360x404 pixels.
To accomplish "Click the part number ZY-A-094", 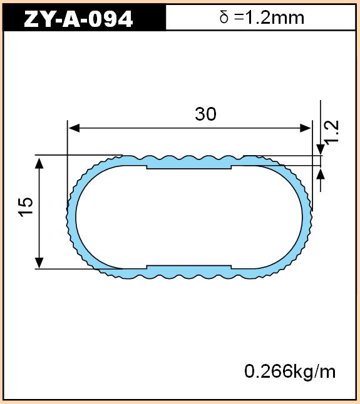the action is click(78, 19).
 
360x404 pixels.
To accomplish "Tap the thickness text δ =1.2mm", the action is click(262, 18).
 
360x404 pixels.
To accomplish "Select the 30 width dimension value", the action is click(205, 114).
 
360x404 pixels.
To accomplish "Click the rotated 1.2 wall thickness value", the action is click(332, 132).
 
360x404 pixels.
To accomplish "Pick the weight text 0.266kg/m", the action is click(290, 371).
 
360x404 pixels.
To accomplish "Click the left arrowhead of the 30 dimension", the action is click(75, 128).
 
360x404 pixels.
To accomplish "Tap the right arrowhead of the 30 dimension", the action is click(306, 128).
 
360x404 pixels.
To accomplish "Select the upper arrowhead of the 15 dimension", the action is click(39, 163).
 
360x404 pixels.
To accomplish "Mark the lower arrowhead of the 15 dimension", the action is click(39, 263).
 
